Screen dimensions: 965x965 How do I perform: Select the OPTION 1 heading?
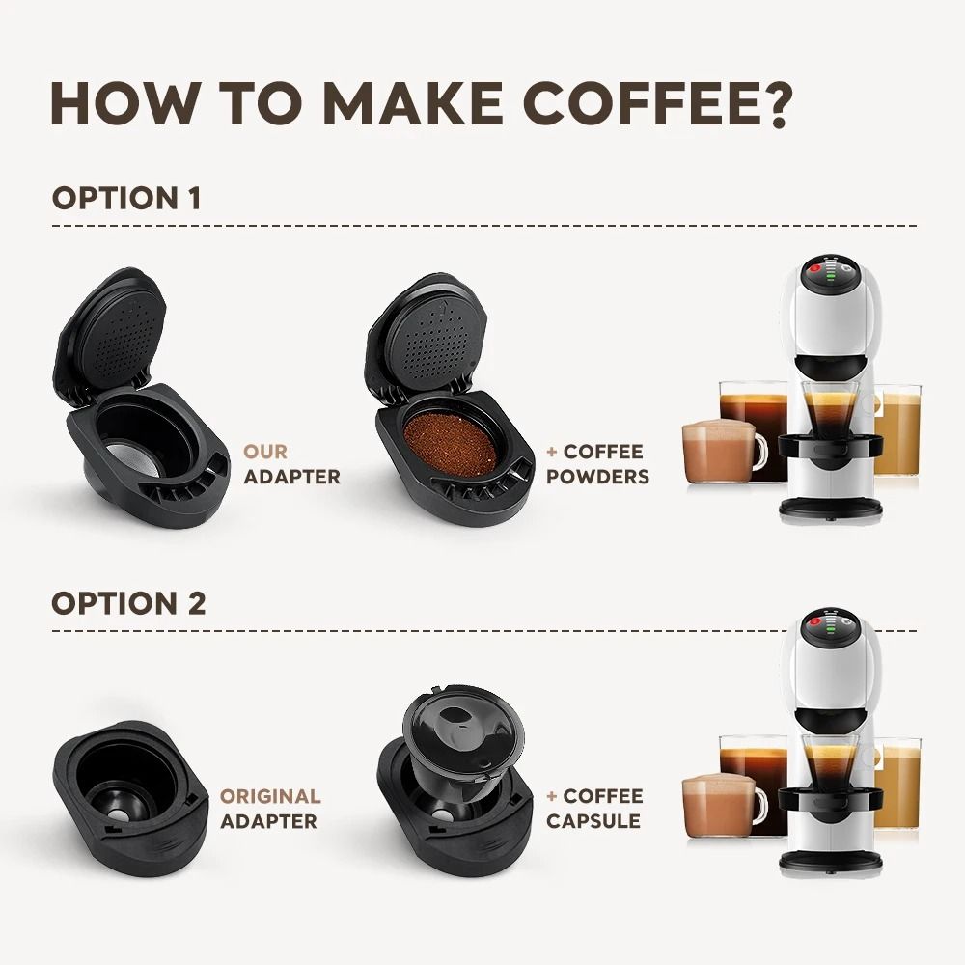click(x=126, y=199)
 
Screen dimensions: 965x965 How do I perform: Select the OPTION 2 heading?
click(x=128, y=603)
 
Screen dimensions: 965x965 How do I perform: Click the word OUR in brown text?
click(x=265, y=452)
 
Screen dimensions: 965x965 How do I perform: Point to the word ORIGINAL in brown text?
click(x=270, y=796)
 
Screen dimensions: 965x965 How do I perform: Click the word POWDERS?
click(x=598, y=476)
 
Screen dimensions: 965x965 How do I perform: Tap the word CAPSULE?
click(x=593, y=821)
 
